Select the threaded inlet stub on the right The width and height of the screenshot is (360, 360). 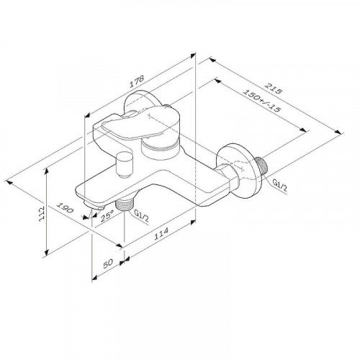coord(264,166)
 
